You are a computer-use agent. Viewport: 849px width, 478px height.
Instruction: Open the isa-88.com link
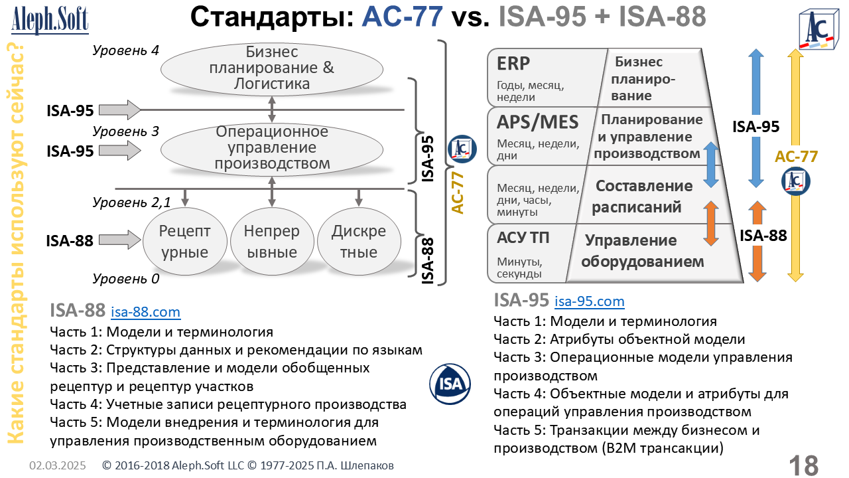click(145, 311)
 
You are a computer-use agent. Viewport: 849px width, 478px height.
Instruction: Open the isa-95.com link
click(589, 301)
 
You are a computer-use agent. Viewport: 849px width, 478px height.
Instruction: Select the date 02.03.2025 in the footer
click(57, 466)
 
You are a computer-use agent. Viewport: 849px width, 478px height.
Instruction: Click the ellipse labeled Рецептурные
click(185, 242)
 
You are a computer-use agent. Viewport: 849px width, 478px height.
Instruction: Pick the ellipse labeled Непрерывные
click(271, 242)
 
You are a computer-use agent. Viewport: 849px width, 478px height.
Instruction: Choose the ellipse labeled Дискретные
click(358, 242)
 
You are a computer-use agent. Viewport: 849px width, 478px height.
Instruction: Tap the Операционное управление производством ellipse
click(272, 147)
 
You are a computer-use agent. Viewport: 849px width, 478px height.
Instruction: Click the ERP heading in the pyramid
click(513, 63)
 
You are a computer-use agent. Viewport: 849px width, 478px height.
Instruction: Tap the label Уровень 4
click(125, 50)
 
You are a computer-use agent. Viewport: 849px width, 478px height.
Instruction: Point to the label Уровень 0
click(125, 279)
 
